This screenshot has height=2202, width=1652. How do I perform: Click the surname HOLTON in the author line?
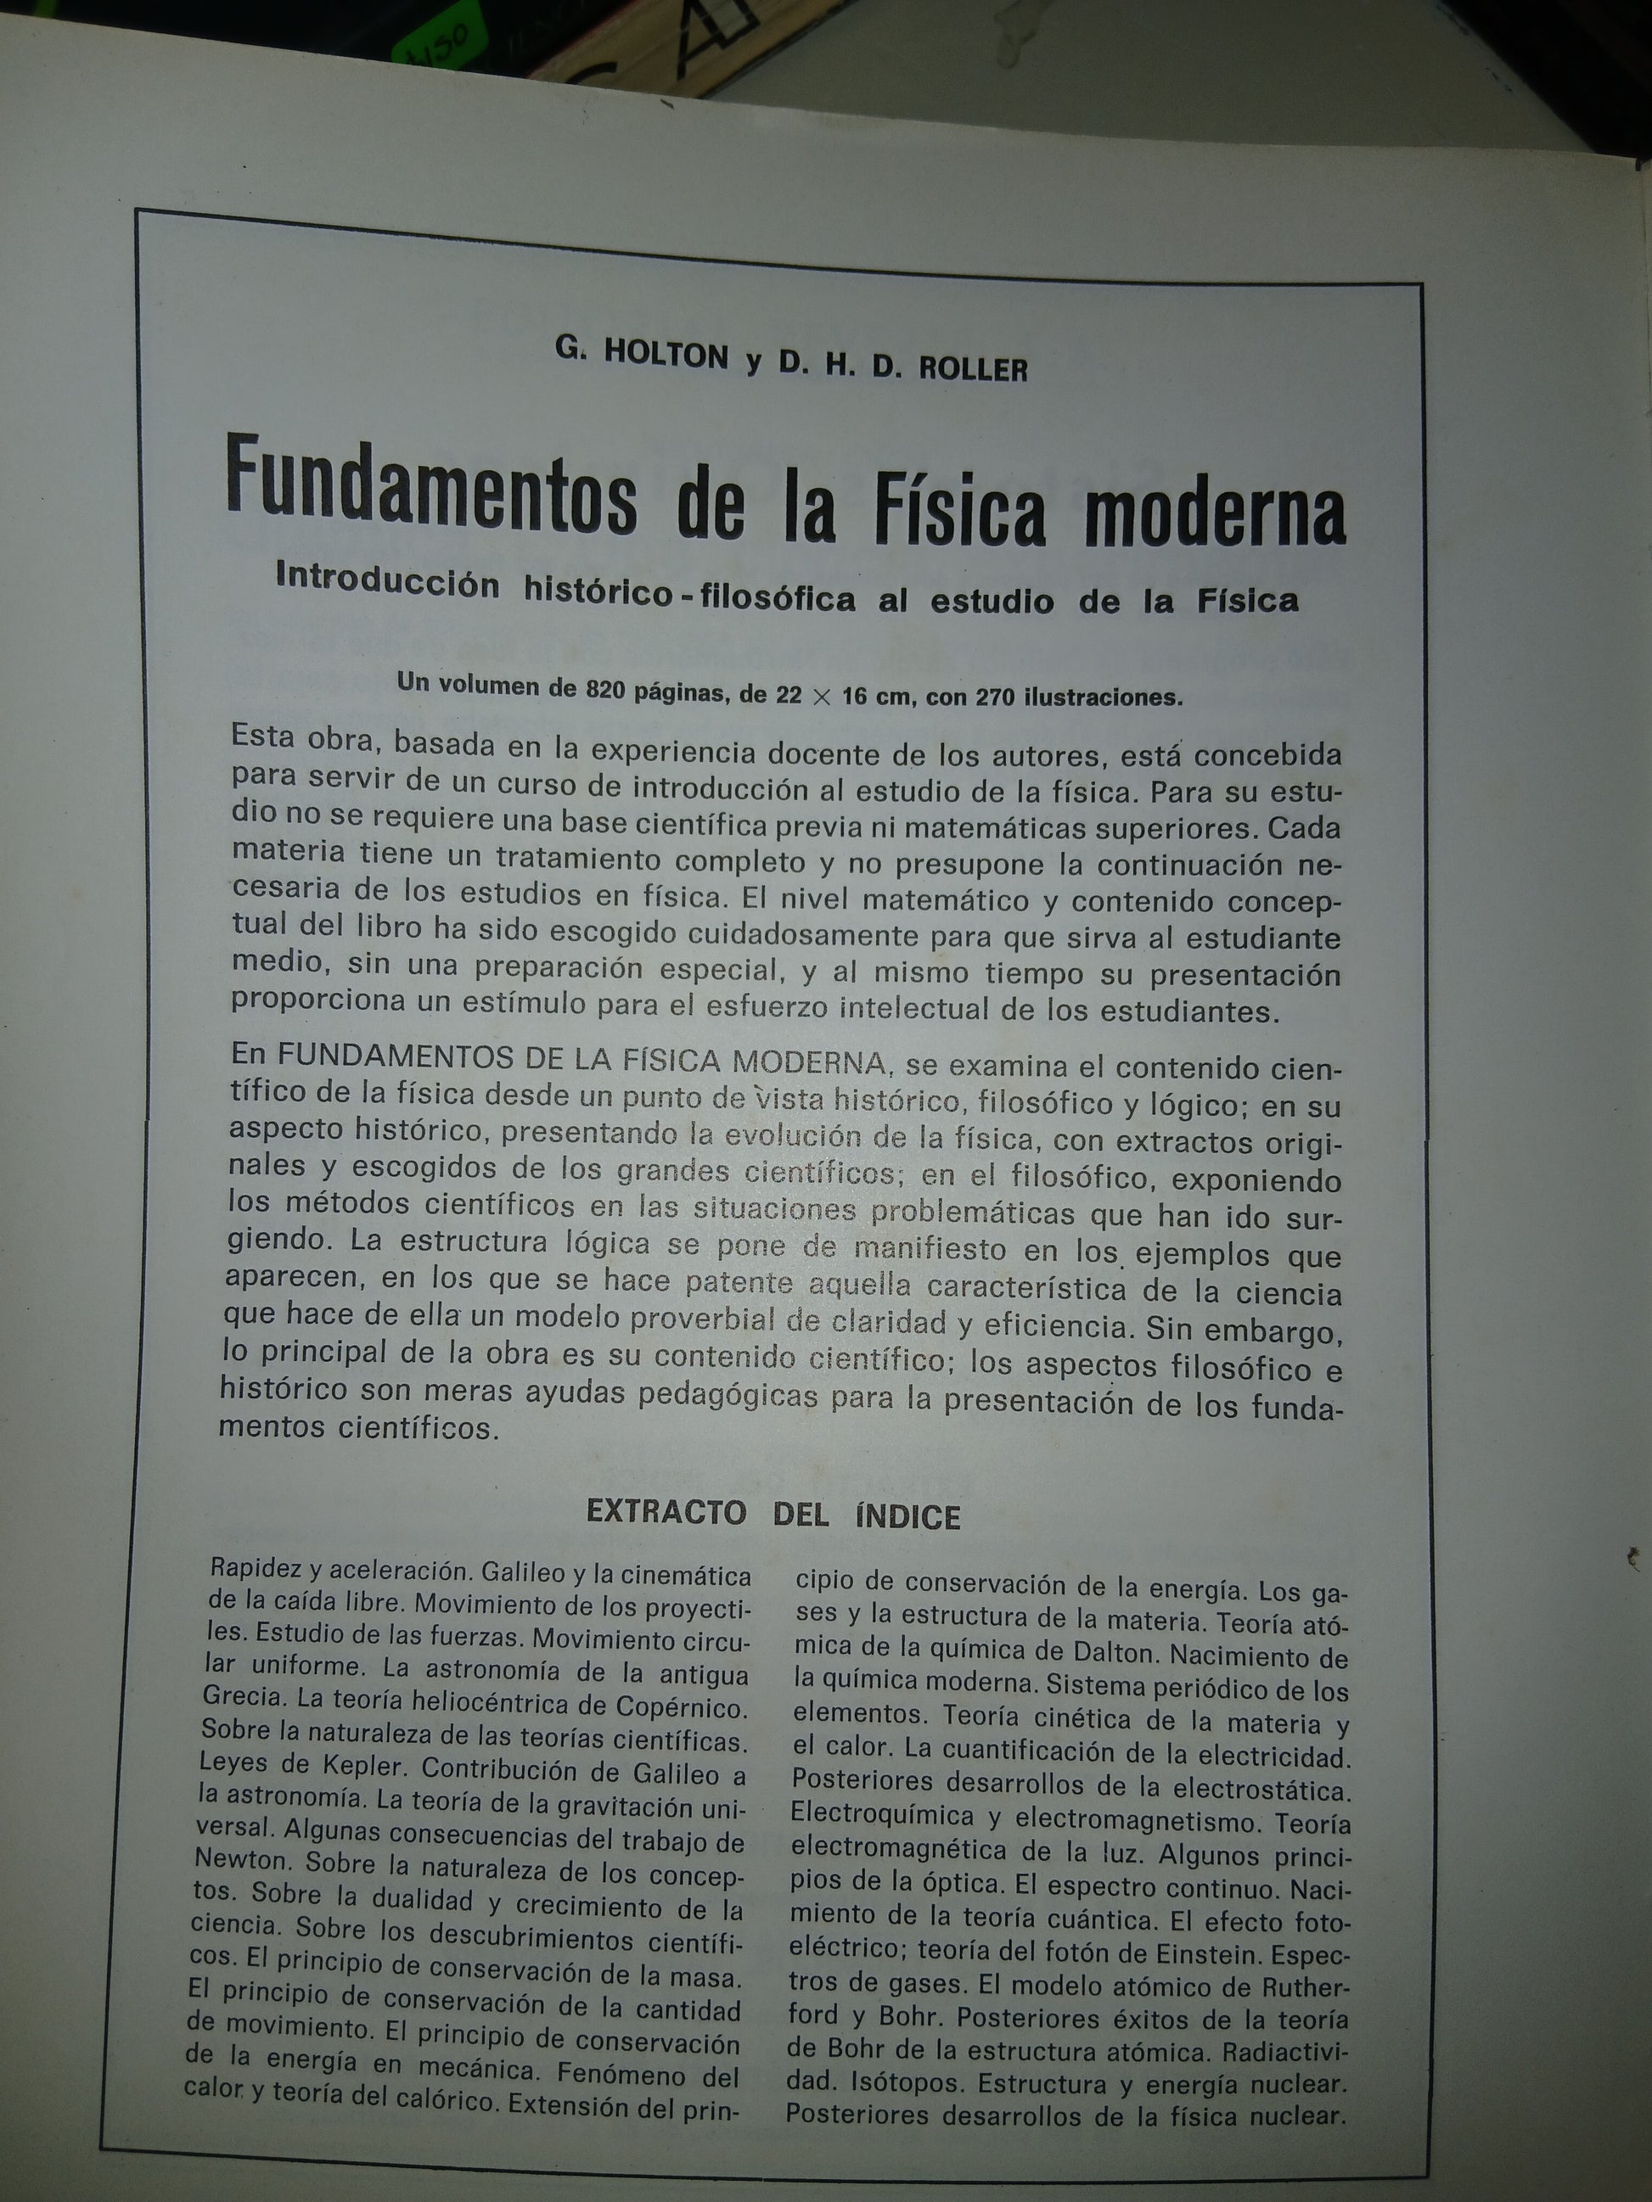pos(669,356)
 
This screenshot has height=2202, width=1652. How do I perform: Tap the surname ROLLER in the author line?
pos(972,369)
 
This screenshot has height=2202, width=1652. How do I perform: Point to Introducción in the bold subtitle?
pos(387,581)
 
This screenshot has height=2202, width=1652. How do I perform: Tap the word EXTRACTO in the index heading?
pos(666,1511)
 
